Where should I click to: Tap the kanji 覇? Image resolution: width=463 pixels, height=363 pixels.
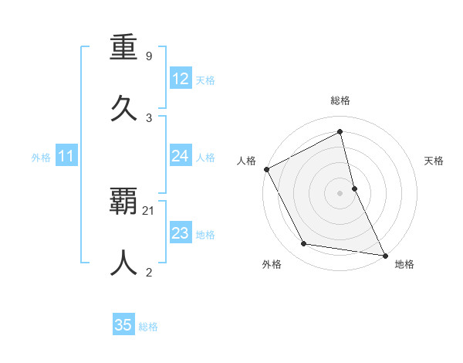124,203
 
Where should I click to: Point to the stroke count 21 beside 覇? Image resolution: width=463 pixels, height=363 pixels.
149,210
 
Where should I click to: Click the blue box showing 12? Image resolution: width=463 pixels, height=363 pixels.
180,79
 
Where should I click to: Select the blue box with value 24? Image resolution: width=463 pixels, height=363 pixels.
180,156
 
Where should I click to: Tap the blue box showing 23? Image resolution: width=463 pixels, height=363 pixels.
180,233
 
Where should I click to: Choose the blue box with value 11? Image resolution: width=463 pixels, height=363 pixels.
66,156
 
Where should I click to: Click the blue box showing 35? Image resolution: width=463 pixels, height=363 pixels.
123,325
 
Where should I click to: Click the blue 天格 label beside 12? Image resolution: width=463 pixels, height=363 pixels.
205,80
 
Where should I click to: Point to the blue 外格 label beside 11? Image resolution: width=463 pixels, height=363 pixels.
41,158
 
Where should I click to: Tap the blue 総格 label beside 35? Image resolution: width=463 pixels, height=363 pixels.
148,327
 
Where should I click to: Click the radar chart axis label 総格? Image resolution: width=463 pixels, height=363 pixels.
340,101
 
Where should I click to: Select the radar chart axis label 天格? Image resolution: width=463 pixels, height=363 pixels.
434,161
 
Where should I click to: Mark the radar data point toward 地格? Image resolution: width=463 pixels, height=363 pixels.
384,254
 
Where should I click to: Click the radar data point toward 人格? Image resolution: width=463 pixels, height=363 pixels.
266,169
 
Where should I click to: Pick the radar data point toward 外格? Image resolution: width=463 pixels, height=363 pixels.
304,244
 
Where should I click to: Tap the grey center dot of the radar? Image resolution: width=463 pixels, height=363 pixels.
340,193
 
